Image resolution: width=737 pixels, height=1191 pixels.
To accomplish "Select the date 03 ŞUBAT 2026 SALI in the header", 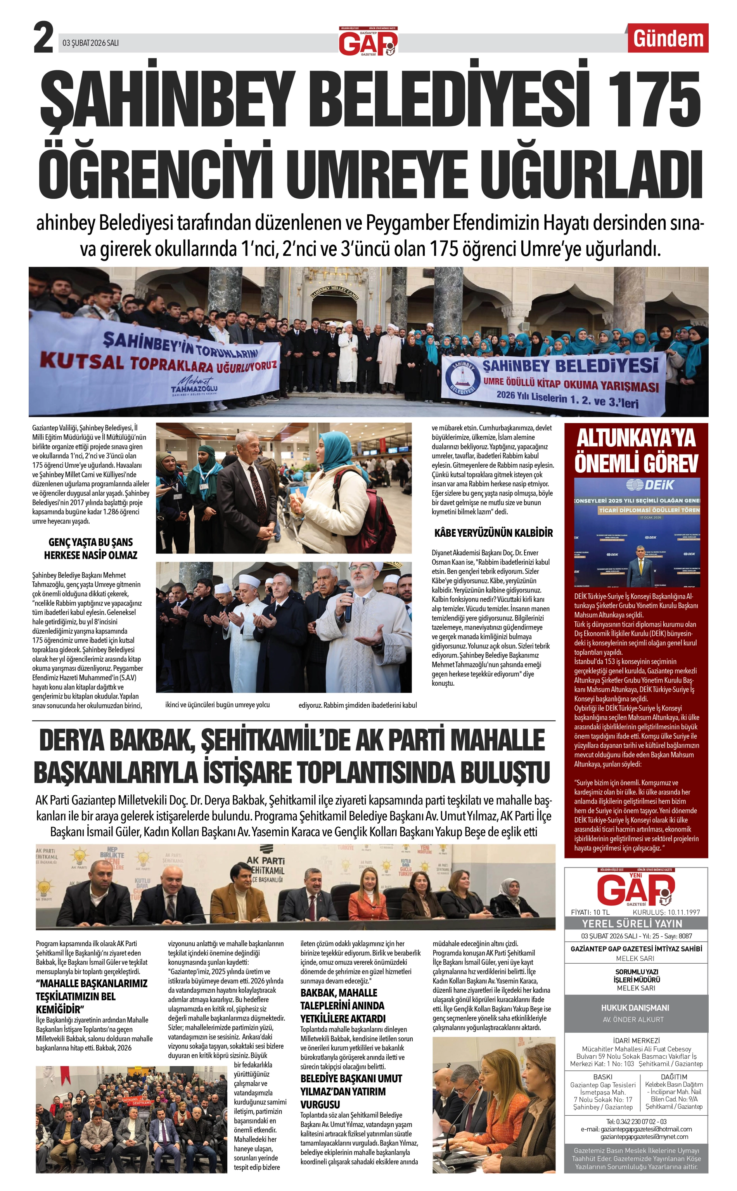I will point(91,43).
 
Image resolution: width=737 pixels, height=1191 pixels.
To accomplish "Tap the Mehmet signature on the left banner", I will point(195,381).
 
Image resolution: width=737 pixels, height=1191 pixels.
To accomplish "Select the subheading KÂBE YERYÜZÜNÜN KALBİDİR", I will point(493,533).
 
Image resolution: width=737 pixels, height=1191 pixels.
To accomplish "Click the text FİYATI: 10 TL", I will point(590,912).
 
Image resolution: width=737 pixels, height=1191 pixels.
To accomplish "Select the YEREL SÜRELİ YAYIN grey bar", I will point(636,923).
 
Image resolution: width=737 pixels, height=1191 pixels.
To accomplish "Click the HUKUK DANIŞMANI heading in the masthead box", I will point(636,1007).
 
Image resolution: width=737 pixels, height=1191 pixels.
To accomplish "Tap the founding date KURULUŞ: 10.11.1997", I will point(666,912).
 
